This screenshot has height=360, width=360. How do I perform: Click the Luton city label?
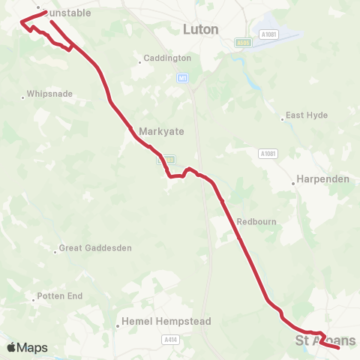[201, 29]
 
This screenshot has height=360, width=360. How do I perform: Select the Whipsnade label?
[50, 95]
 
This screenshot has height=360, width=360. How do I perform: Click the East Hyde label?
[306, 116]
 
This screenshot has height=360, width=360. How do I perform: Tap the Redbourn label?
[252, 222]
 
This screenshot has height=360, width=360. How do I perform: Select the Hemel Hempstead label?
[168, 321]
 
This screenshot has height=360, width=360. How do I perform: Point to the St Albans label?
[325, 341]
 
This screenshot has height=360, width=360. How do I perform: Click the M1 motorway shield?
[182, 77]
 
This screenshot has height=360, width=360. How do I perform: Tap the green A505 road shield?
[242, 43]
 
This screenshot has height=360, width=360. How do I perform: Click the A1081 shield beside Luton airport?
[268, 34]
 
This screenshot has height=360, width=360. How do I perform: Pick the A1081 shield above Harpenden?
[268, 153]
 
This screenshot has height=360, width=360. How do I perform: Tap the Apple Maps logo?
[27, 347]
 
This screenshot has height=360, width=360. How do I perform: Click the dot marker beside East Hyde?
[282, 117]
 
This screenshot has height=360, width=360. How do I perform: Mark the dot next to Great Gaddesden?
[55, 250]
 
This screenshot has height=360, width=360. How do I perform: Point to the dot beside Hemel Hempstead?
[118, 325]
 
